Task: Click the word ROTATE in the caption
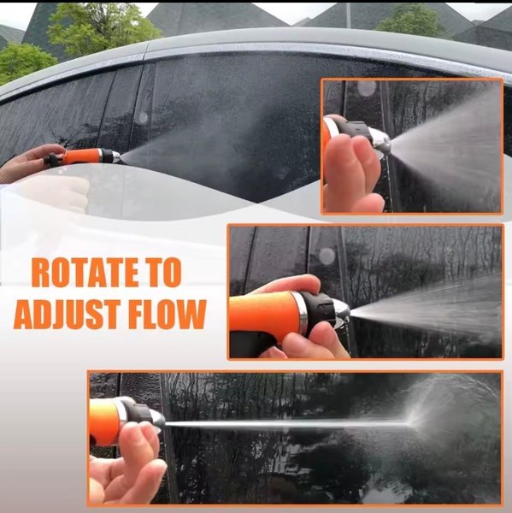84,273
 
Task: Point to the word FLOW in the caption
166,314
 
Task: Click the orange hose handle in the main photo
83,156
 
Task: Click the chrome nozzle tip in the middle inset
341,311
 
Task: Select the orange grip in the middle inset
263,311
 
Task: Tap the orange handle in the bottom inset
103,421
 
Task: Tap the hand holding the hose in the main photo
28,162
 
